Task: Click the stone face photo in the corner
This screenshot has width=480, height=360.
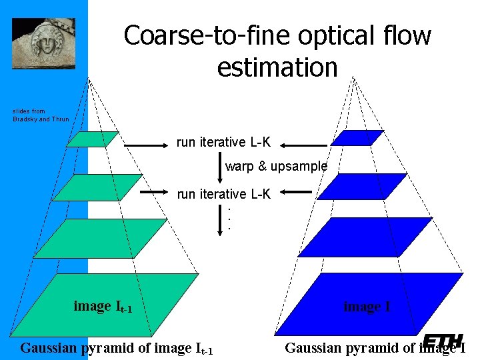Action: click(x=43, y=43)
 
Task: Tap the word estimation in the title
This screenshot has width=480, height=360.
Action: click(x=277, y=67)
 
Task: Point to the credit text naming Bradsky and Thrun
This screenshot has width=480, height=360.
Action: click(x=40, y=115)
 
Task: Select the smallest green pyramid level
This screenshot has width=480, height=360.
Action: click(x=92, y=139)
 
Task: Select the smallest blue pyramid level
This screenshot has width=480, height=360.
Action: click(x=357, y=138)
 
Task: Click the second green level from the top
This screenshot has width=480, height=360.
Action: click(x=97, y=187)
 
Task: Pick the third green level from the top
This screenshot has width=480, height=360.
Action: click(x=100, y=238)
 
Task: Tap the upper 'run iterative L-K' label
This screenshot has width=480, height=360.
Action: click(x=223, y=142)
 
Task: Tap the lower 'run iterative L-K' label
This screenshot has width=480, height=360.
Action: click(x=223, y=194)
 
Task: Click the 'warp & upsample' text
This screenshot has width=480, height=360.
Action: click(x=276, y=166)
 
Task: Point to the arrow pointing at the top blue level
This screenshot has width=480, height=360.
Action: click(x=304, y=143)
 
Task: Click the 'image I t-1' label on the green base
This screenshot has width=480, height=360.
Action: click(x=103, y=307)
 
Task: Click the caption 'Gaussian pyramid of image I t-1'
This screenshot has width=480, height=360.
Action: click(x=117, y=348)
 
